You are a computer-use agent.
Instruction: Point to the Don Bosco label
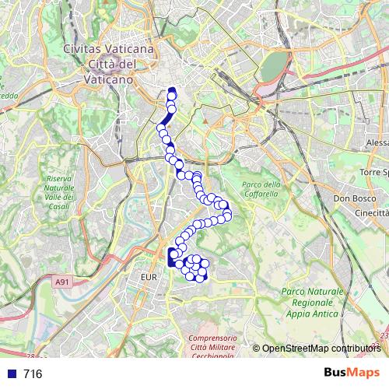350,198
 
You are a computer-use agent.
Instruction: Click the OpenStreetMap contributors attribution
321,349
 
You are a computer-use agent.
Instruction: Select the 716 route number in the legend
32,373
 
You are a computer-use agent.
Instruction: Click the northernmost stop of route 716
173,94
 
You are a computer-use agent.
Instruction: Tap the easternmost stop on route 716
227,214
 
